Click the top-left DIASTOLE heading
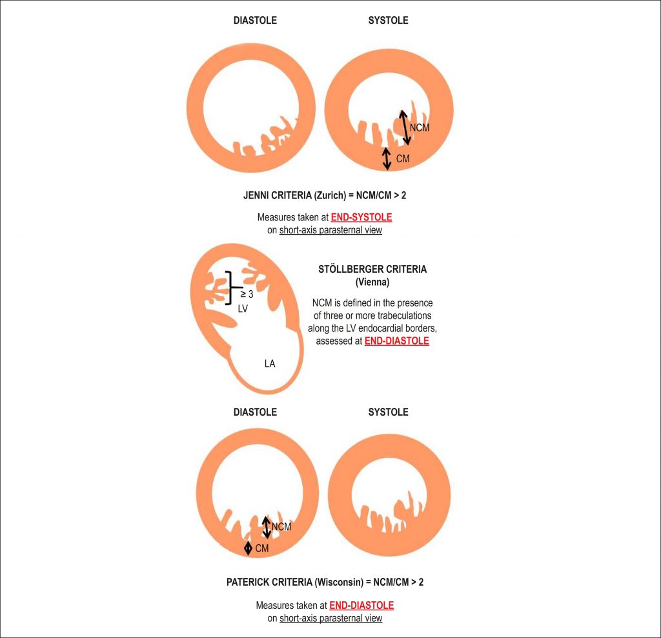tap(255, 20)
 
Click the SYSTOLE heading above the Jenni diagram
tap(388, 20)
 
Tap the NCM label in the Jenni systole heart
tap(420, 127)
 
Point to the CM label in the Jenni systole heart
tap(403, 159)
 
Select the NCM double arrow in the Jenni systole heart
tap(405, 127)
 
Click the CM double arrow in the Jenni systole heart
tap(387, 159)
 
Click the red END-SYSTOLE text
tap(361, 217)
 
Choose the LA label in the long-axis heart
tap(270, 363)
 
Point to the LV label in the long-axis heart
tap(243, 308)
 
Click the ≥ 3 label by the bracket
tap(247, 294)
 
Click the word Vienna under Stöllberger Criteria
tap(372, 282)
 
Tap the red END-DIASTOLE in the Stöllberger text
tap(397, 341)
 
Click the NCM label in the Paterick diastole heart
tap(281, 527)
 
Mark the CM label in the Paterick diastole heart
tap(262, 549)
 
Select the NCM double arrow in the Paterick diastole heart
tap(267, 527)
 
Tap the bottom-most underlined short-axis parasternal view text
tap(330, 618)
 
